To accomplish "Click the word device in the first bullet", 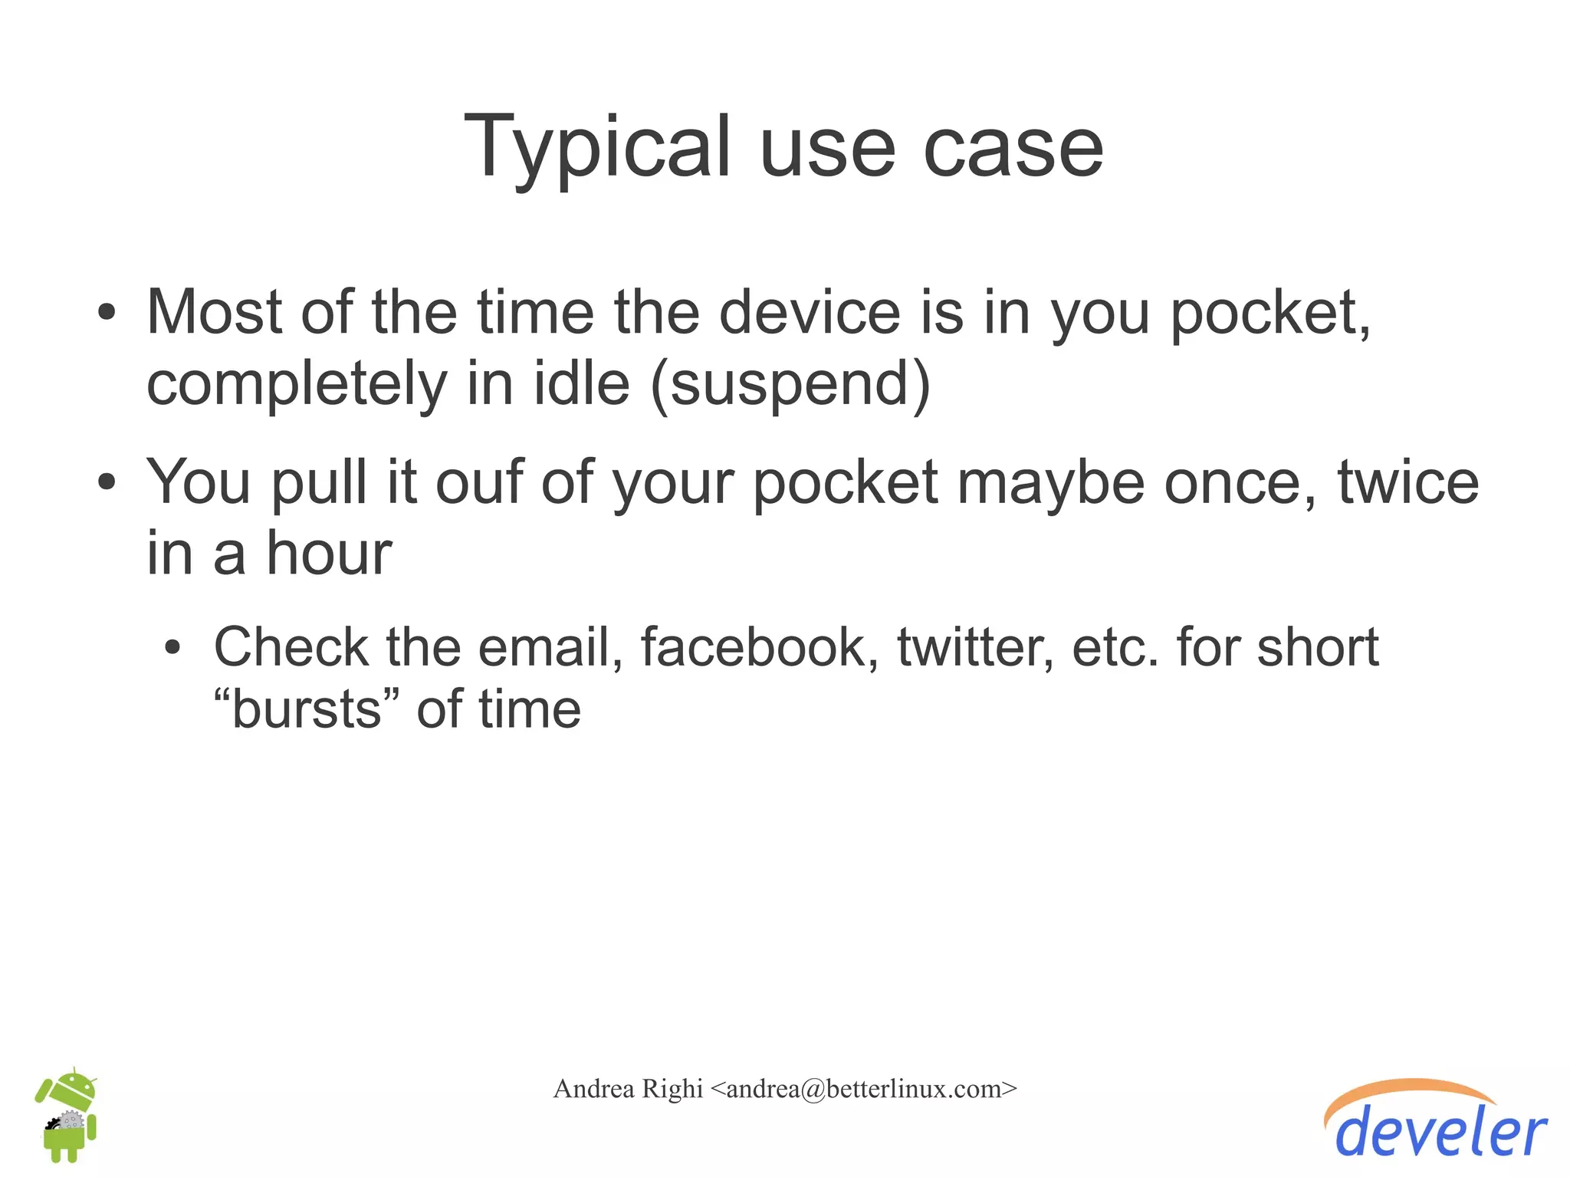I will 810,313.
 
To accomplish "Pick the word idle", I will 581,383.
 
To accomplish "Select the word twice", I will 1408,482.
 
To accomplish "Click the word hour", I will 329,554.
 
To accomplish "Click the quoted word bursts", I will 307,709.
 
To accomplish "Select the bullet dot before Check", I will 173,647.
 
